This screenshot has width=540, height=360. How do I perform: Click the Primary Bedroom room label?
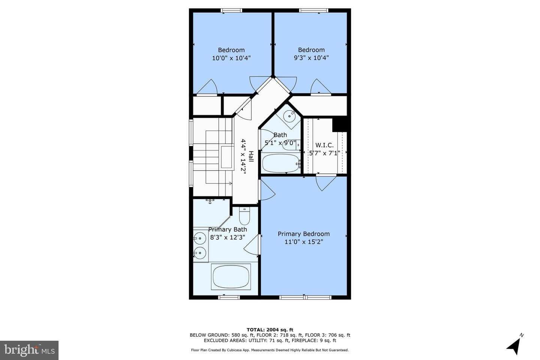coord(303,234)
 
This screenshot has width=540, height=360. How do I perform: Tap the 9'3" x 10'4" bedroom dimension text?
coord(311,58)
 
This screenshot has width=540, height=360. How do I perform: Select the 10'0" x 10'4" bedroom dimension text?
coord(231,58)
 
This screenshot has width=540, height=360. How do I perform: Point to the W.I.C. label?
coord(324,145)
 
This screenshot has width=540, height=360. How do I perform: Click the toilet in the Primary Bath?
coord(244,216)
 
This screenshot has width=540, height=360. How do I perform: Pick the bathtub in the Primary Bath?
coord(231,277)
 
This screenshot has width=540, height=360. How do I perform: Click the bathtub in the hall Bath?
coord(281,163)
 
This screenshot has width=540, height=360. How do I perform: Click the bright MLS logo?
coord(29,350)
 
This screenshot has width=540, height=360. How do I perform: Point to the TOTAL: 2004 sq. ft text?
coord(270,330)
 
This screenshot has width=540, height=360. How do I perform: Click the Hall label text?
coord(251,156)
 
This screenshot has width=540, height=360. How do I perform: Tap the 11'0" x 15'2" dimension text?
coord(304,242)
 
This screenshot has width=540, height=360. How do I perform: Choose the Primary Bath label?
coord(228,229)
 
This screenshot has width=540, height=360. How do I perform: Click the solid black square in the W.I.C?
coord(340,125)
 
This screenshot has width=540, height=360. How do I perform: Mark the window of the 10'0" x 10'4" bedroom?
coord(231,10)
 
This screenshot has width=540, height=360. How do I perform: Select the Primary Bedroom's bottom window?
coord(305,297)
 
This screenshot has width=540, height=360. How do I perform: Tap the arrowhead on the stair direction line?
coord(231,183)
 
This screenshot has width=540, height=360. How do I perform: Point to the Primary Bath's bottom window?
coord(229,297)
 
